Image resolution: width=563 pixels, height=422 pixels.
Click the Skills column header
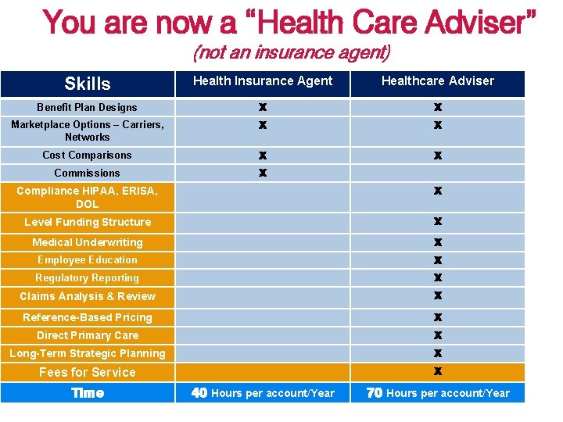(x=88, y=84)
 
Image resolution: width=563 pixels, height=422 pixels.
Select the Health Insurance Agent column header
(x=263, y=80)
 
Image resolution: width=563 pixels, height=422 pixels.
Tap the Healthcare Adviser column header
(x=438, y=80)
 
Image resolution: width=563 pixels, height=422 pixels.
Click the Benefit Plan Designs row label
(x=87, y=107)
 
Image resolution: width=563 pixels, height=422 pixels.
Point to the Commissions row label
(x=87, y=173)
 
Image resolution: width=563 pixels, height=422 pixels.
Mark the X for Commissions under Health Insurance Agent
(x=263, y=173)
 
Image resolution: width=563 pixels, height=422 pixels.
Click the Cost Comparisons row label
(x=87, y=155)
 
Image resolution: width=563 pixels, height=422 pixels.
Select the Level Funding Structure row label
(x=87, y=222)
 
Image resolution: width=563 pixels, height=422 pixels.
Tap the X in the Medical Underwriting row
(x=438, y=242)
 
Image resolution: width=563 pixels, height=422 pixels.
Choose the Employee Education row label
(x=87, y=259)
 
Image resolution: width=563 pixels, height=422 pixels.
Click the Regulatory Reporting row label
(x=87, y=277)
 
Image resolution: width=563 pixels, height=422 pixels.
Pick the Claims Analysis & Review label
(x=87, y=296)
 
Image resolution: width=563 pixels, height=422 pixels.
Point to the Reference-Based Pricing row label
(x=87, y=317)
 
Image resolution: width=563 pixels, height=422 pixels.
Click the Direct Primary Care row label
(x=87, y=335)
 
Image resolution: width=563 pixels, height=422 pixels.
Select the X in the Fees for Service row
(x=438, y=371)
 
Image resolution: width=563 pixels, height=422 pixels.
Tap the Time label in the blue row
(x=88, y=393)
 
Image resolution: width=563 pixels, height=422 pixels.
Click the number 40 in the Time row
(x=199, y=393)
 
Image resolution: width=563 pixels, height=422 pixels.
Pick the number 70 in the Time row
(x=375, y=393)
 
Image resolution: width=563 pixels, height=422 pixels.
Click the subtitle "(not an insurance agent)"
(x=292, y=53)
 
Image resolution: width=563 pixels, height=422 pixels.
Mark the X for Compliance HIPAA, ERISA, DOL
(x=438, y=191)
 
